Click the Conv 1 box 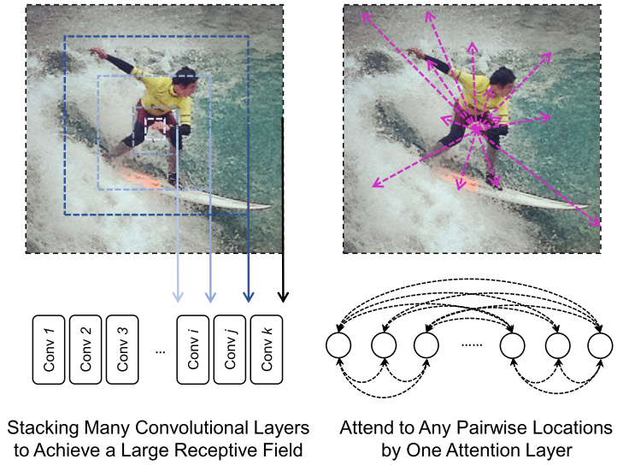(50, 349)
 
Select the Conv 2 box (86, 349)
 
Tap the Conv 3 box (123, 349)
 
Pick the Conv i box (194, 349)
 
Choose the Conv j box (231, 349)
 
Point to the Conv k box (267, 349)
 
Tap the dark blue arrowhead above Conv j (249, 297)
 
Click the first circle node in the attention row (339, 345)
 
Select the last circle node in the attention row (600, 345)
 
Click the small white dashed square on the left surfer (156, 126)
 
